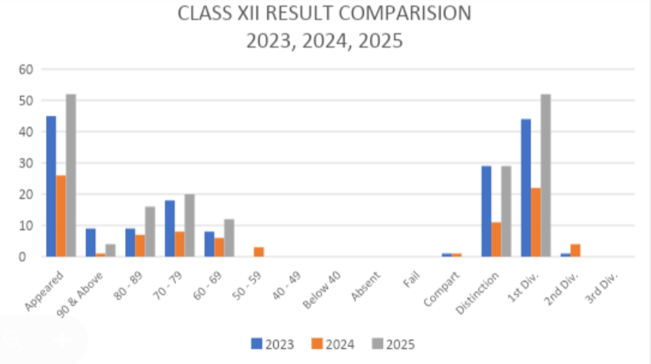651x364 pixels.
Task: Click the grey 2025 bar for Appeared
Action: point(71,175)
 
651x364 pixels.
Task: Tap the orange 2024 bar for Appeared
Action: point(61,216)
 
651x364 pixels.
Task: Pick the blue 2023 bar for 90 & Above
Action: point(90,243)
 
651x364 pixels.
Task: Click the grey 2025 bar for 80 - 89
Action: point(150,231)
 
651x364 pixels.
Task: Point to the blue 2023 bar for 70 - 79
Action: point(170,228)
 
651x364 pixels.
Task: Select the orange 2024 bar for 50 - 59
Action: point(259,252)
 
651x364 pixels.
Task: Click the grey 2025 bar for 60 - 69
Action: point(229,238)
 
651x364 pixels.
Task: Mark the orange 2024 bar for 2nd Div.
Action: point(575,250)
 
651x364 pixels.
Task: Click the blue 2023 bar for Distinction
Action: point(486,211)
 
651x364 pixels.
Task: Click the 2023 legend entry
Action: point(273,344)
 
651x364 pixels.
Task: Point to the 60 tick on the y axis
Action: point(27,69)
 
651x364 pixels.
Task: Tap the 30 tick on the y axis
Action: point(27,163)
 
